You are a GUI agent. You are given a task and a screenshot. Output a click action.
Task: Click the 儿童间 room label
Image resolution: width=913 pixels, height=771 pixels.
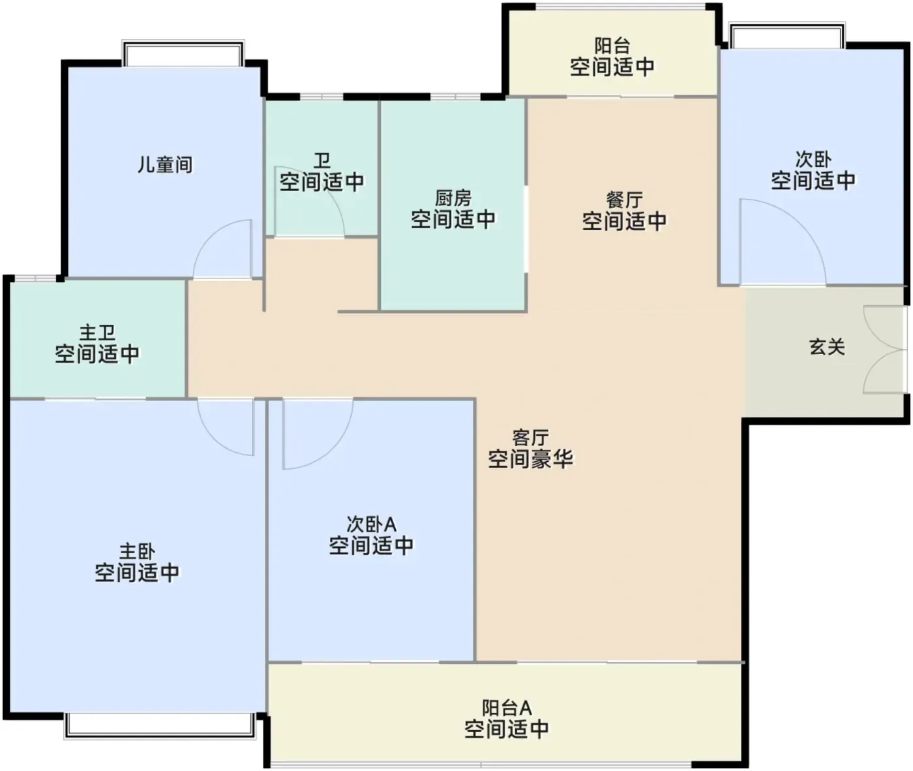point(165,165)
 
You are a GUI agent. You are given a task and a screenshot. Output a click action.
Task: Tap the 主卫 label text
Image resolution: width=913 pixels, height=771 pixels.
point(97,333)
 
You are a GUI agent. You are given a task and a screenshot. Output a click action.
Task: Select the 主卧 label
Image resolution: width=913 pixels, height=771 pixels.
point(137,552)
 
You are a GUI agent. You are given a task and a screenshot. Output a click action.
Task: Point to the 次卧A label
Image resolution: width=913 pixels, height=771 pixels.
point(371,524)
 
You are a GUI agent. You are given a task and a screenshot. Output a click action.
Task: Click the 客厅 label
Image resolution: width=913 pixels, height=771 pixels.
point(530,437)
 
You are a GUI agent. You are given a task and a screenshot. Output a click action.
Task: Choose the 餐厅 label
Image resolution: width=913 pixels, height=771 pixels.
point(624,200)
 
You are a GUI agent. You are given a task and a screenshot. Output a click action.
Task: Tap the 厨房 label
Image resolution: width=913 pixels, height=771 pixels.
point(453,198)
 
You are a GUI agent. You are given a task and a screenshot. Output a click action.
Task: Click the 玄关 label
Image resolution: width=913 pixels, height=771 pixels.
point(827,347)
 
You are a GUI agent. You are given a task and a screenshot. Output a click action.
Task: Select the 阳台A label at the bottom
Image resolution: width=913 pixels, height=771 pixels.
point(507,708)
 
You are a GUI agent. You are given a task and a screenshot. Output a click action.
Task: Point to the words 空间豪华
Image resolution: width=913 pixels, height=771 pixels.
point(530,459)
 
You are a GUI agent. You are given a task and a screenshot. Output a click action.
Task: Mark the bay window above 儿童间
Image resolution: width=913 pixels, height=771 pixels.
point(183,53)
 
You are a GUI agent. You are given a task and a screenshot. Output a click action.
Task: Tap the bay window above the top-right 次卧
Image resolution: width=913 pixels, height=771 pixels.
point(787,36)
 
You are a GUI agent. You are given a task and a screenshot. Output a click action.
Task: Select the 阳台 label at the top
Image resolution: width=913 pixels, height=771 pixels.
point(612,46)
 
